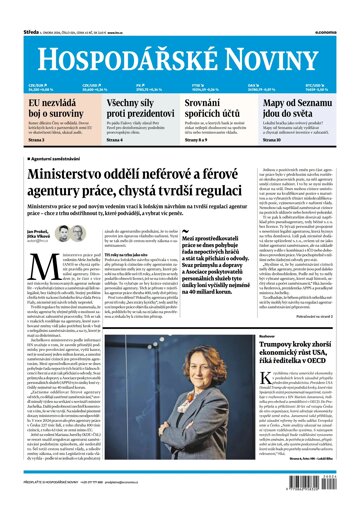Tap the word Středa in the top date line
tap(13, 7)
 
